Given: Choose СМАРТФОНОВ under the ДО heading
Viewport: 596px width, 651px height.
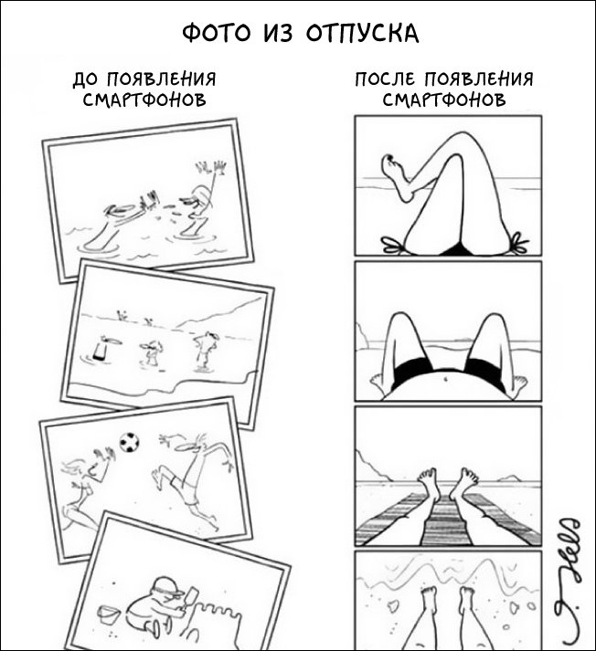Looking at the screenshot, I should point(144,100).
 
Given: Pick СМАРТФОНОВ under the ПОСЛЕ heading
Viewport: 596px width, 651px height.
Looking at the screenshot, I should point(444,100).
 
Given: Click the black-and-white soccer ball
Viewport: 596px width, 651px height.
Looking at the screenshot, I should point(129,443).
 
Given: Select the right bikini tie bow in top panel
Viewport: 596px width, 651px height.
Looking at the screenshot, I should point(517,242).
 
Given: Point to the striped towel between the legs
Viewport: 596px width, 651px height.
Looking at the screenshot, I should point(447,521).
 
